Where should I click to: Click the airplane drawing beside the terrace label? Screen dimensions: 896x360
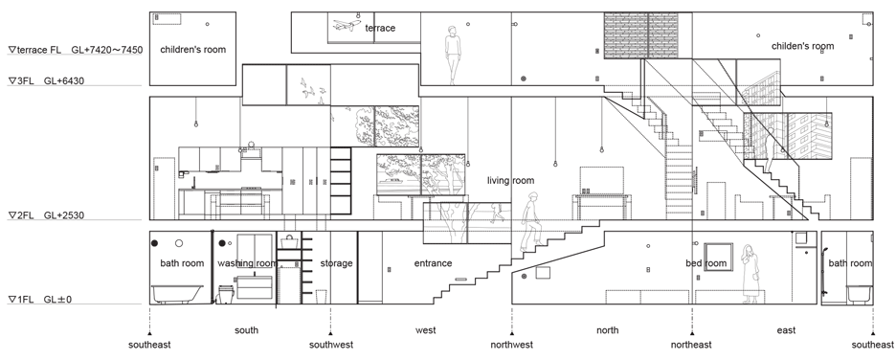pyautogui.click(x=347, y=26)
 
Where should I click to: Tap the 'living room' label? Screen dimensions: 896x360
pyautogui.click(x=510, y=181)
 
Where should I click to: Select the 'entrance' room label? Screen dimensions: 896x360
pyautogui.click(x=433, y=263)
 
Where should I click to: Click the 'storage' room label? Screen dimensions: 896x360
pyautogui.click(x=336, y=263)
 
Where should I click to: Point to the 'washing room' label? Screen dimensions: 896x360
pyautogui.click(x=247, y=263)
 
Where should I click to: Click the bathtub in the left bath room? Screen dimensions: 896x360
pyautogui.click(x=177, y=294)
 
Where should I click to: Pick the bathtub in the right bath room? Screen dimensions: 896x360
pyautogui.click(x=860, y=294)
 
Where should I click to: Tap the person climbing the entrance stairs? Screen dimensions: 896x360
pyautogui.click(x=529, y=222)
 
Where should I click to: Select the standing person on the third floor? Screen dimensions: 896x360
pyautogui.click(x=454, y=56)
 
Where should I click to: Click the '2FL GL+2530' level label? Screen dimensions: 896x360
pyautogui.click(x=46, y=215)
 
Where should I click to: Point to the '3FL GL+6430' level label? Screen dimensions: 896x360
pyautogui.click(x=46, y=81)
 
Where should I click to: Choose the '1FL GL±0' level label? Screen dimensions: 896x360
pyautogui.click(x=40, y=300)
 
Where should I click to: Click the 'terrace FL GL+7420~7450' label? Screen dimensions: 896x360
pyautogui.click(x=76, y=50)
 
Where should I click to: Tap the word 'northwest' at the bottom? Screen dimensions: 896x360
pyautogui.click(x=512, y=345)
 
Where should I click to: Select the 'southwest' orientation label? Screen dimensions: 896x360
pyautogui.click(x=331, y=345)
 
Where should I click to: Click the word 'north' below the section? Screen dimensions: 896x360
pyautogui.click(x=608, y=329)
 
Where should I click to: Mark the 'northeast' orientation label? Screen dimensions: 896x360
pyautogui.click(x=691, y=345)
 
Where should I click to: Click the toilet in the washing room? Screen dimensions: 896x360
pyautogui.click(x=226, y=293)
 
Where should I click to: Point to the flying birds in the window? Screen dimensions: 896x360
pyautogui.click(x=313, y=91)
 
